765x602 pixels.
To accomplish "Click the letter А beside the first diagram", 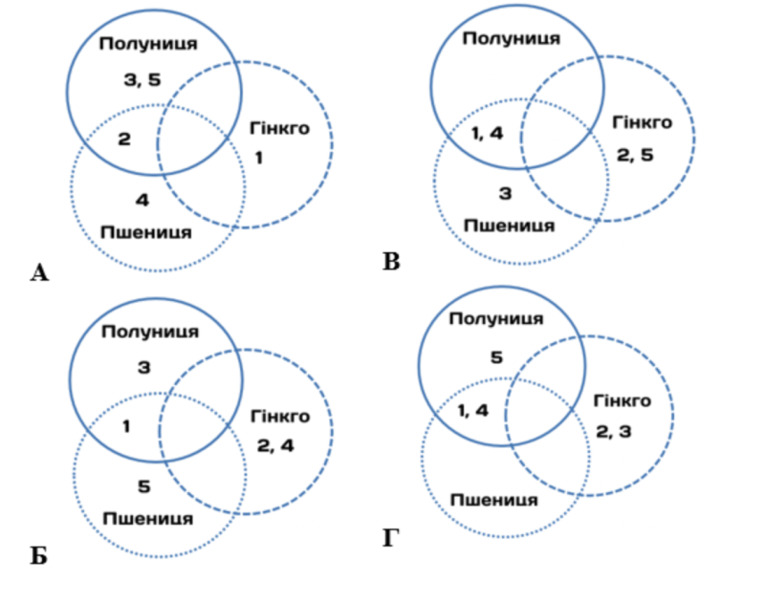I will click(39, 274).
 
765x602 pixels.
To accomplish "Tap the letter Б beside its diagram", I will click(38, 555).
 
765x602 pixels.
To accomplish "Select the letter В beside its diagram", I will click(391, 260).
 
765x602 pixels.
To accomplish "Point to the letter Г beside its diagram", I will click(391, 539).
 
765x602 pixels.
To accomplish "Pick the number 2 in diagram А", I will click(124, 140).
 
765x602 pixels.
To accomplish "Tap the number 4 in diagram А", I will click(142, 201).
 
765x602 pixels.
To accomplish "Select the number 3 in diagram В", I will click(506, 194).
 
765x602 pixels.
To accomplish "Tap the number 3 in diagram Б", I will click(144, 366).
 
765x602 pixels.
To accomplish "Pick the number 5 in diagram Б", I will click(144, 487).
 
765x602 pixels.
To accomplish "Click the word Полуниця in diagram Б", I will click(150, 332).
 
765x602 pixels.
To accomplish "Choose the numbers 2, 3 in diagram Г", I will click(614, 432).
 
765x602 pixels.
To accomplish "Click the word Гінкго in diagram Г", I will click(622, 400).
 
